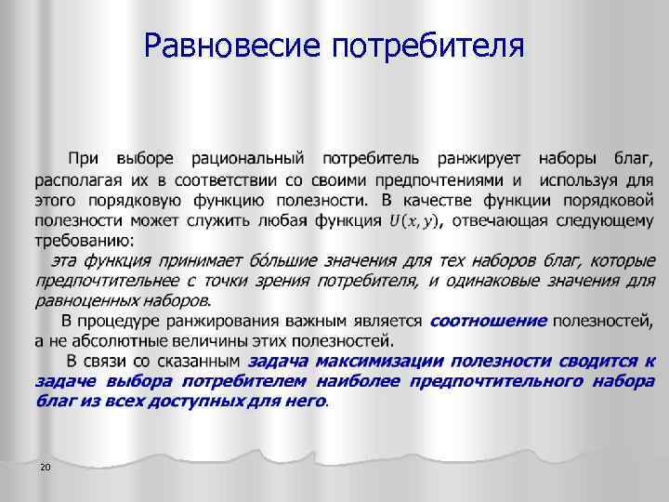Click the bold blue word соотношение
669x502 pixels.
(x=488, y=320)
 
